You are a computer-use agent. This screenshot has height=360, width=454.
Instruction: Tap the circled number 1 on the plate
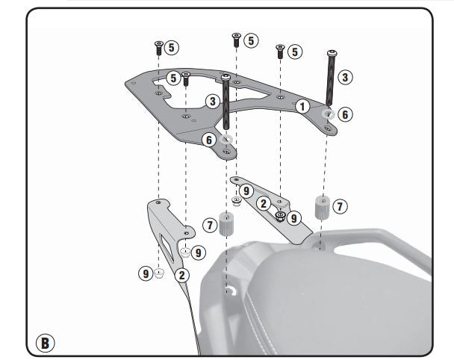pyautogui.click(x=302, y=106)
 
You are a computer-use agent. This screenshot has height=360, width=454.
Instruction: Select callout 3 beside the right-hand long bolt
pyautogui.click(x=343, y=77)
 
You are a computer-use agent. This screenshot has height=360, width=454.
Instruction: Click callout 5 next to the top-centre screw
pyautogui.click(x=251, y=40)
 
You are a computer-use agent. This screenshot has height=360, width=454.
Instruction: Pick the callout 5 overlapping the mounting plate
pyautogui.click(x=172, y=78)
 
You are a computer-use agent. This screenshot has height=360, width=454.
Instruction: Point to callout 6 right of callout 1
pyautogui.click(x=343, y=114)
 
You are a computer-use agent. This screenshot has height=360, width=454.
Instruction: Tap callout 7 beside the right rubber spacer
pyautogui.click(x=340, y=205)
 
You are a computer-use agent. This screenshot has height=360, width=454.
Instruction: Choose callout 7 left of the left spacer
pyautogui.click(x=210, y=224)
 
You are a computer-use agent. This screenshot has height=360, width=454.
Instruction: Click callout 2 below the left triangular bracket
pyautogui.click(x=181, y=274)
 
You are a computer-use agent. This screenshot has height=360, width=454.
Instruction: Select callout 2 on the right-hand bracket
pyautogui.click(x=263, y=202)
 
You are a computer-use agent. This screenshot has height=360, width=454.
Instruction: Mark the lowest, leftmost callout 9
pyautogui.click(x=144, y=274)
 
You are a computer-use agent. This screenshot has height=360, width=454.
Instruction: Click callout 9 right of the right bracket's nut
pyautogui.click(x=293, y=218)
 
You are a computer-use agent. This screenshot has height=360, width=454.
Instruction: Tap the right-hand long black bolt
pyautogui.click(x=329, y=78)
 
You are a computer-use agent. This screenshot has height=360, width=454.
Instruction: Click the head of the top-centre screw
pyautogui.click(x=236, y=36)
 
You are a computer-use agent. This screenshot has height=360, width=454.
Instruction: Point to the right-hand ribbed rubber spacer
pyautogui.click(x=321, y=207)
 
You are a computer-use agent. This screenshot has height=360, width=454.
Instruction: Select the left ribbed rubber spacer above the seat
pyautogui.click(x=228, y=224)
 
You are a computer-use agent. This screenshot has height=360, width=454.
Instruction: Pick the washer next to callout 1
pyautogui.click(x=326, y=114)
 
